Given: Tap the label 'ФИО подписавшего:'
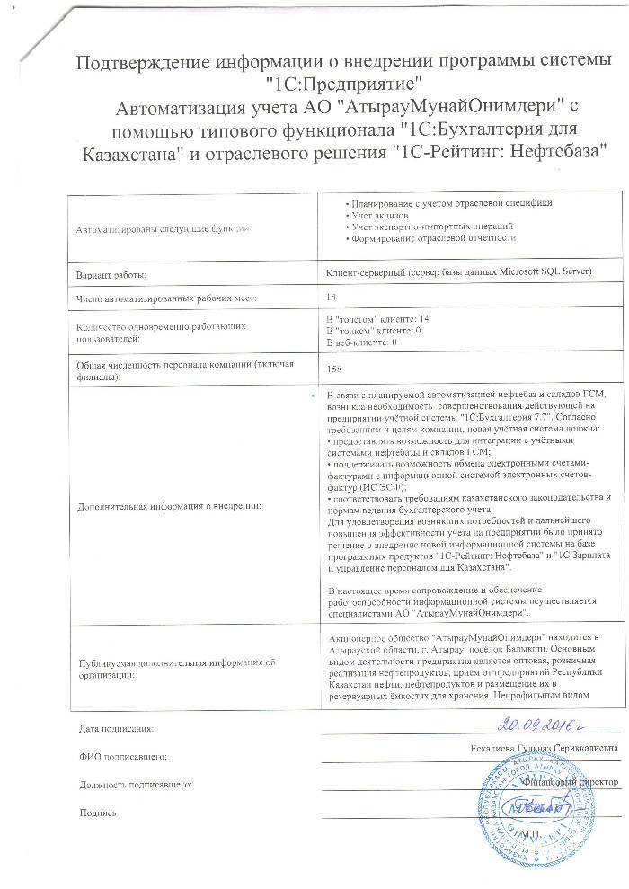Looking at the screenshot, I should point(121,756).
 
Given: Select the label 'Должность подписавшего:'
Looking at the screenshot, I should point(136,785).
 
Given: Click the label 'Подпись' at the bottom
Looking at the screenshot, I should point(99,813).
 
